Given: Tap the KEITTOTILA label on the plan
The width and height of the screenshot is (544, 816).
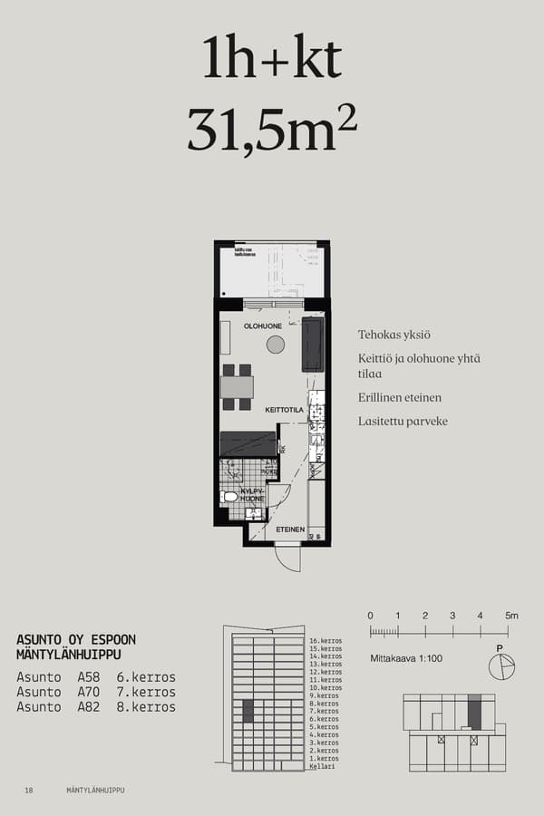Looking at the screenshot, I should click(x=283, y=410).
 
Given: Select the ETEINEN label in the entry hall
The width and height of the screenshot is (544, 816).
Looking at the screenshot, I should click(x=289, y=529).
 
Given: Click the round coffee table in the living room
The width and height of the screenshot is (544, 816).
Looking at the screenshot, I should click(x=276, y=345).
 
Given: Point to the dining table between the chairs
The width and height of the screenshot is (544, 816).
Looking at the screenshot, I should click(x=238, y=387).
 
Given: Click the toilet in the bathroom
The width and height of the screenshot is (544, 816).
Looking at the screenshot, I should click(x=230, y=497).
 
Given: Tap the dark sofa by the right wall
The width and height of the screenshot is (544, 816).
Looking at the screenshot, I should click(x=313, y=344).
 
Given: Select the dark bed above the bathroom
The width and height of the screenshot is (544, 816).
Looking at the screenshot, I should click(x=248, y=443).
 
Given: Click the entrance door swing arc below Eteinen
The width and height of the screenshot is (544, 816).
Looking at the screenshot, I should click(x=288, y=558).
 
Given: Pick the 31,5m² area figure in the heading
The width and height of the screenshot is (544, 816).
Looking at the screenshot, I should click(x=271, y=129).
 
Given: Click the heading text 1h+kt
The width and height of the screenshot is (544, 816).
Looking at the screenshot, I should click(x=272, y=60).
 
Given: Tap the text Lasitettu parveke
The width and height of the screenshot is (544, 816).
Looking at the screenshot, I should click(x=403, y=421).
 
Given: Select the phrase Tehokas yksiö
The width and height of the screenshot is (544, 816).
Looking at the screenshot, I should click(x=394, y=335).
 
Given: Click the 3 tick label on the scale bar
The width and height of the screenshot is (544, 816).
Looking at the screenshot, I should click(x=452, y=617).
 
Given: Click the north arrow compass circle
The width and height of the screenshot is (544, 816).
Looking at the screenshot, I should click(x=500, y=667).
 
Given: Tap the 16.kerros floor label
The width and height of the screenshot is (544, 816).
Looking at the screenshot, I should click(x=325, y=641).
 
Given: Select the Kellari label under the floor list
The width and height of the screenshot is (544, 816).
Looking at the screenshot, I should click(x=322, y=766).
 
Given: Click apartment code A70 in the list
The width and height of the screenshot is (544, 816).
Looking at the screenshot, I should click(x=89, y=692).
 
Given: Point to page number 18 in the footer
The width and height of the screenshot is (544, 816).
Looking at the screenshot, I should click(x=29, y=791).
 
